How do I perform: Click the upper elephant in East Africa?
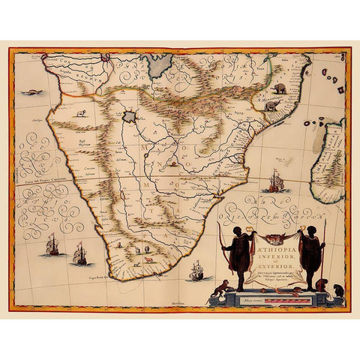(x=280, y=88)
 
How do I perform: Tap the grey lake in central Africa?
(x=133, y=117)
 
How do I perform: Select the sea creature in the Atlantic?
(x=31, y=93)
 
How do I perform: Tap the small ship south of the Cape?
(x=197, y=269)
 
